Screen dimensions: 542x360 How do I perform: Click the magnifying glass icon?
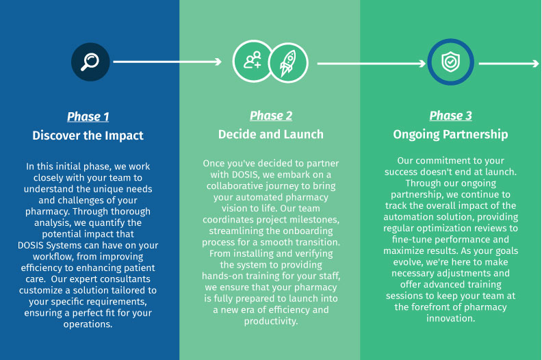[90, 62]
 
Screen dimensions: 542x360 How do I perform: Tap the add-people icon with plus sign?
[253, 61]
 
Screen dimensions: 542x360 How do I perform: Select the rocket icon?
[288, 63]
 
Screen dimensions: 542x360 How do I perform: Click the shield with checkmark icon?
[451, 62]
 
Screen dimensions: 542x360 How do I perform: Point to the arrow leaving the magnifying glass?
[167, 62]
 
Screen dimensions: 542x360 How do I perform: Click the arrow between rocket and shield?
[371, 64]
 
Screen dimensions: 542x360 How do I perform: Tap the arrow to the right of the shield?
[509, 64]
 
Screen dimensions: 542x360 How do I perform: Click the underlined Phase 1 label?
[88, 116]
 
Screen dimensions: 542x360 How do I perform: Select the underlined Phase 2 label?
[271, 116]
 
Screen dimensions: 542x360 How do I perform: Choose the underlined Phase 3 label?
[451, 116]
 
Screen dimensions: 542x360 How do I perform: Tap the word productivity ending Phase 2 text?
[271, 321]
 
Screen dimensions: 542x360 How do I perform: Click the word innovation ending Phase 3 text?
[451, 318]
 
